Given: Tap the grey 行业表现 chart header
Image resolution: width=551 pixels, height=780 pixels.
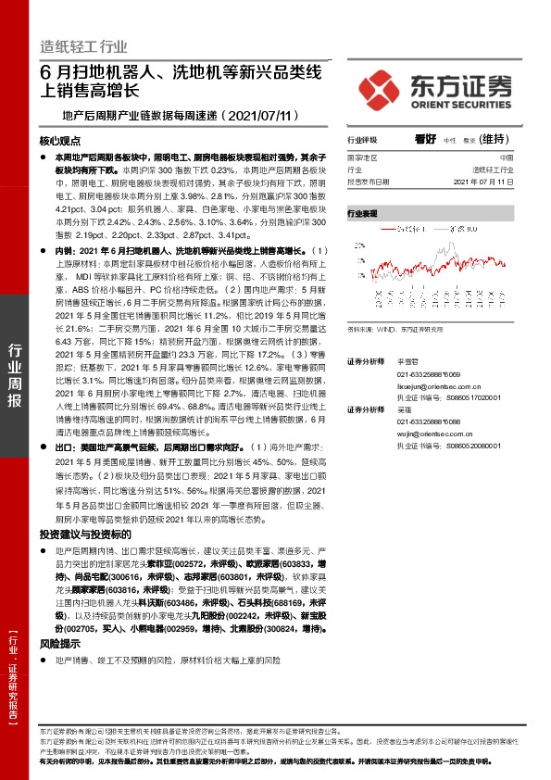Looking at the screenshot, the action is point(364,213).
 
